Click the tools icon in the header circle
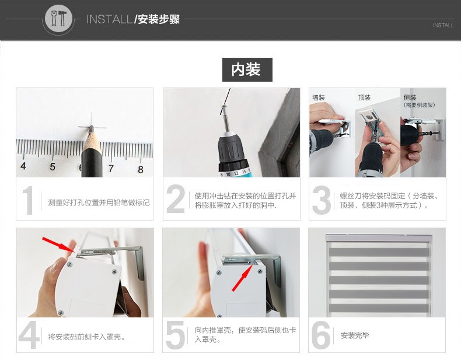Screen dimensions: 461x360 tap(58, 19)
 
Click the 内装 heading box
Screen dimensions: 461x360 tap(247, 69)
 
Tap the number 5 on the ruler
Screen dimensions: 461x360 tap(53, 167)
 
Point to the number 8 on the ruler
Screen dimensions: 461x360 tap(141, 169)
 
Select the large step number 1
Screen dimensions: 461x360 tap(28, 201)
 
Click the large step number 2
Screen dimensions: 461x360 tap(176, 199)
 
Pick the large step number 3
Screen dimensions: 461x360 tap(322, 200)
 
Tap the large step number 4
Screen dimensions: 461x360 tap(29, 335)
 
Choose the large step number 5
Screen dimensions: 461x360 tap(176, 335)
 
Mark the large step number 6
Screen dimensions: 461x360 tap(321, 335)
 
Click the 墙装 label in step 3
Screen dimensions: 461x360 tap(319, 97)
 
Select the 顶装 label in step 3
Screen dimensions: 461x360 tap(364, 97)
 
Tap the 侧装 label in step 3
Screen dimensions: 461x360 tap(410, 97)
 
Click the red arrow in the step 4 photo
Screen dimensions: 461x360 tap(58, 244)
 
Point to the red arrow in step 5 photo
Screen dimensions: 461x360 tap(243, 277)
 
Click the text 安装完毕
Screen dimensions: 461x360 tap(355, 335)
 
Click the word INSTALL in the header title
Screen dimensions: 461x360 tap(109, 19)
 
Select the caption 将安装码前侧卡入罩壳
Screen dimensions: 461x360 tap(87, 337)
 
